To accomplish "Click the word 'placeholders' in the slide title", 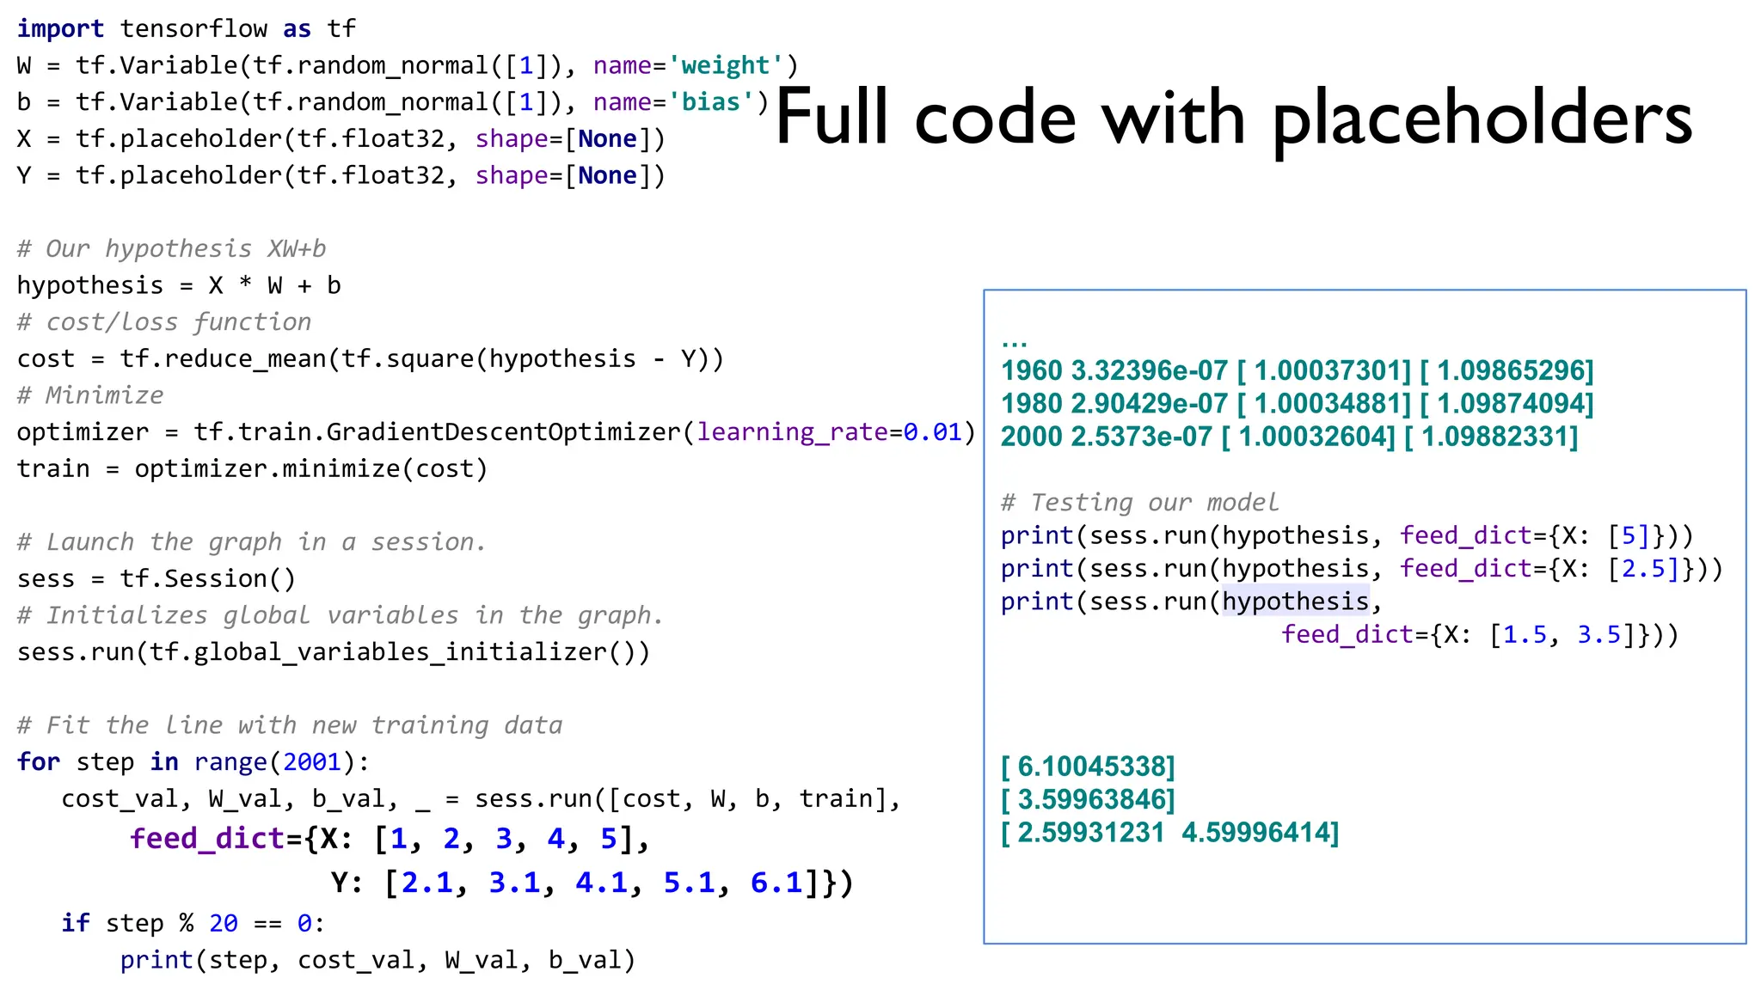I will click(x=1482, y=120).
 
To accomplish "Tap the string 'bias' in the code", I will click(x=710, y=102).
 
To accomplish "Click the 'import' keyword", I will click(x=60, y=28).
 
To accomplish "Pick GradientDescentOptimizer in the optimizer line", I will click(x=503, y=431).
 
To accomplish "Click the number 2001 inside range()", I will click(x=312, y=762).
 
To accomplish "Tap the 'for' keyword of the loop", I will click(x=39, y=762).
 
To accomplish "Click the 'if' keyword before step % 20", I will click(x=75, y=923).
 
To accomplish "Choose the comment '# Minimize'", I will click(x=90, y=395).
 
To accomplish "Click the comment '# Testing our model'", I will click(x=1139, y=503).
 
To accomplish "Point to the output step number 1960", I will click(x=1031, y=371).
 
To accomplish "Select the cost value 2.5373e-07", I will click(x=1141, y=437).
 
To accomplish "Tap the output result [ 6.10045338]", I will click(x=1088, y=767).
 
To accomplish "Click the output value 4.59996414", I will click(x=1258, y=833).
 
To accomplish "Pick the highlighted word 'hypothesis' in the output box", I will click(x=1295, y=602).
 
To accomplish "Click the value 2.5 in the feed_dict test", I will click(x=1649, y=569).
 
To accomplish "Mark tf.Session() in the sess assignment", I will click(x=207, y=579).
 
